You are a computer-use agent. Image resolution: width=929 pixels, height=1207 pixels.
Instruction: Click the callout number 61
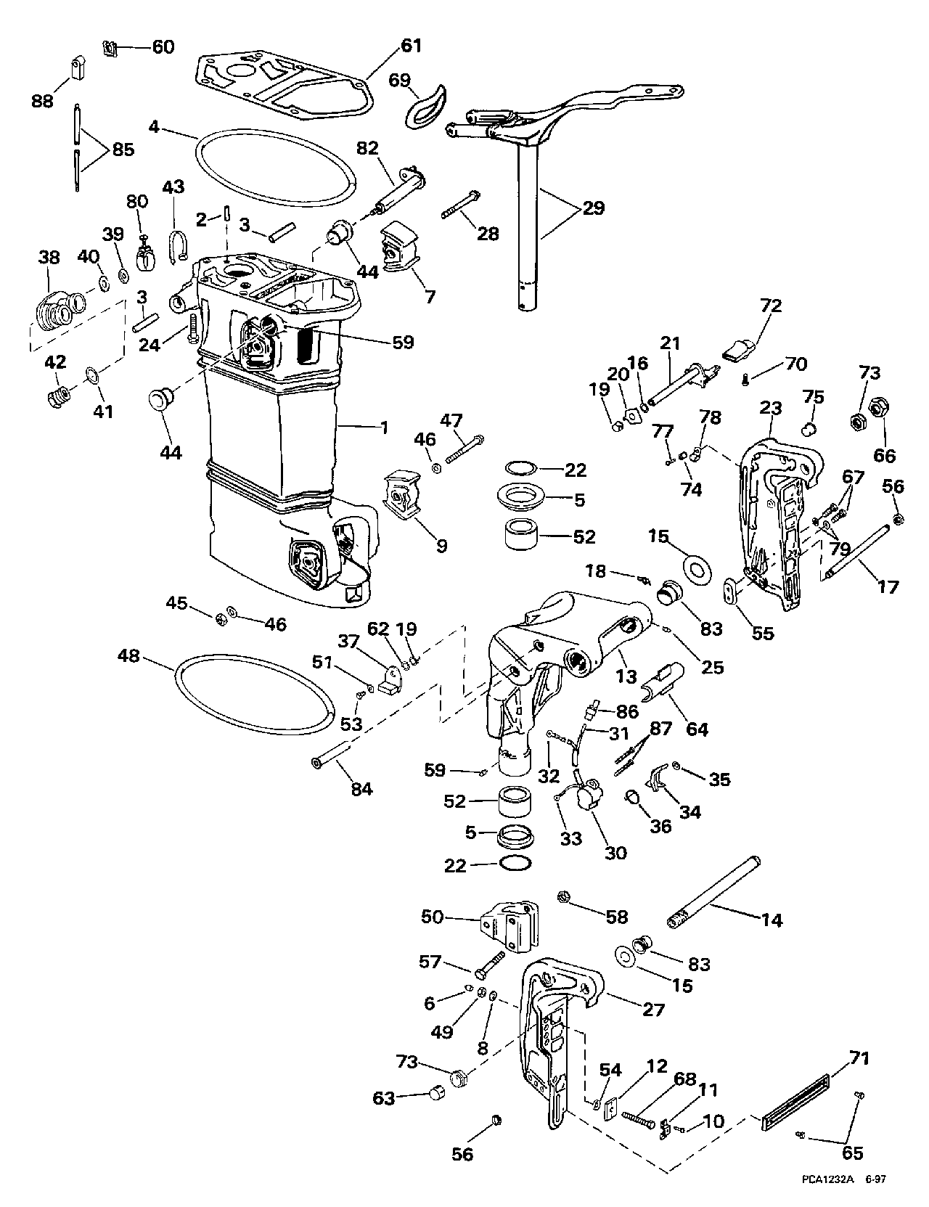(411, 46)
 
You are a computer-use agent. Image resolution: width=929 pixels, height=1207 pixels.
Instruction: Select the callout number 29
(593, 209)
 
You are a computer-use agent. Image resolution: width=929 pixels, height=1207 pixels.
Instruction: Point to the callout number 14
(772, 920)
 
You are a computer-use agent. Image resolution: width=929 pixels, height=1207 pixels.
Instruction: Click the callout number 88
(43, 100)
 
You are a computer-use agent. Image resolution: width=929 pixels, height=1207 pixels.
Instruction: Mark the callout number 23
(770, 408)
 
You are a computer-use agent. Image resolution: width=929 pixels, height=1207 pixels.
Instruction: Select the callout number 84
(361, 788)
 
